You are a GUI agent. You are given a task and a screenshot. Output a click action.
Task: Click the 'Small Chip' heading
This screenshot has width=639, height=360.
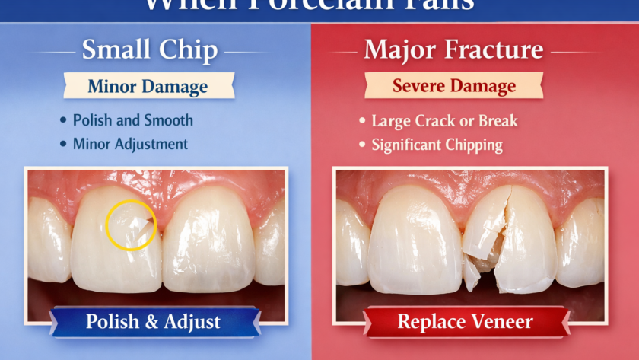click(149, 51)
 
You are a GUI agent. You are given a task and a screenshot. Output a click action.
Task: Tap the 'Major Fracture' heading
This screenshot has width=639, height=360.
click(453, 51)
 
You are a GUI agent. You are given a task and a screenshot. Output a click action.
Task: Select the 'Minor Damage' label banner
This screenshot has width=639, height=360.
click(148, 86)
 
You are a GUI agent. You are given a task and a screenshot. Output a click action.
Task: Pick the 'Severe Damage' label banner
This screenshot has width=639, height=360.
click(453, 85)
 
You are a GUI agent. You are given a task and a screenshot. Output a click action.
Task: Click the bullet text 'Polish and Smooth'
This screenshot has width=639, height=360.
click(132, 120)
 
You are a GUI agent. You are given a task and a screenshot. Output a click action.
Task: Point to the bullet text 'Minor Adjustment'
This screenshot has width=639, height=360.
click(130, 143)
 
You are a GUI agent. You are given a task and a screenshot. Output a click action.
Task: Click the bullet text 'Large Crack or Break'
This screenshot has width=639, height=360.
click(444, 121)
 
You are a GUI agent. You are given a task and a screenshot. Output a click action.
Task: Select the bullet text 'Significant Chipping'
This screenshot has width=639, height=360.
click(437, 144)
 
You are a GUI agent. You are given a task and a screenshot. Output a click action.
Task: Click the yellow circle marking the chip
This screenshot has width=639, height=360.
click(131, 225)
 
